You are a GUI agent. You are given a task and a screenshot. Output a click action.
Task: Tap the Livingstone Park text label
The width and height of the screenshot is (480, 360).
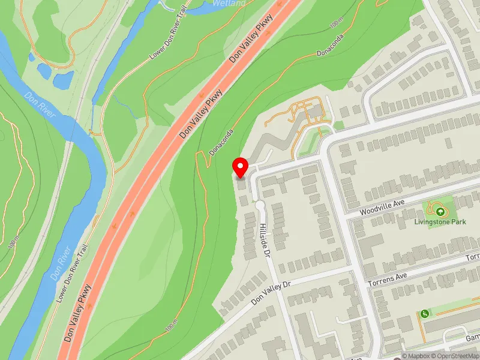440,222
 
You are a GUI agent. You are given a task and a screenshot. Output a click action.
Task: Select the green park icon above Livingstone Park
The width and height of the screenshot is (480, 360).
440,211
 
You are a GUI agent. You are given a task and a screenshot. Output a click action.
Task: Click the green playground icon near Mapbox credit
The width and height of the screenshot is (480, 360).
425,314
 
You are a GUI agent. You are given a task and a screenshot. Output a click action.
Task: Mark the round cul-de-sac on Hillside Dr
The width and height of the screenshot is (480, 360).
259,205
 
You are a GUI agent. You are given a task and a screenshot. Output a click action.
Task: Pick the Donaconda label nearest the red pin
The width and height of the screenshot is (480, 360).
221,139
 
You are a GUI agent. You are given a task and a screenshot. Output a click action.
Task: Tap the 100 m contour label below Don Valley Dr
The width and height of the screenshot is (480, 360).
172,326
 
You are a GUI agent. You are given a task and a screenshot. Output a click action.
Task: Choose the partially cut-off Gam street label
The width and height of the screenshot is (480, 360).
472,338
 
